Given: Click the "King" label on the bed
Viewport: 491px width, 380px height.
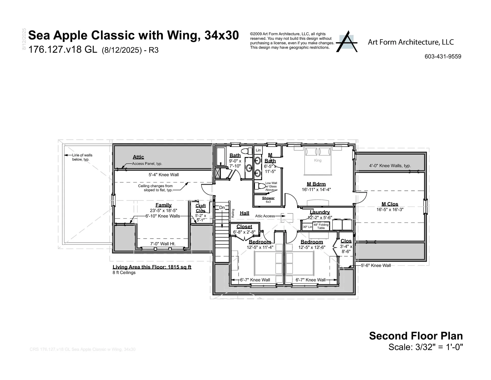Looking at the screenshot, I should click(x=318, y=160).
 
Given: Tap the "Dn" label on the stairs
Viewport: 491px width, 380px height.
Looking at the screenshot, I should click(x=222, y=208).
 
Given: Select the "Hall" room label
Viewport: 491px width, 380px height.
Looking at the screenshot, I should click(x=244, y=213).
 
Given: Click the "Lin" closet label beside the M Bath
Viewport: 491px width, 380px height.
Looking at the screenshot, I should click(x=258, y=150).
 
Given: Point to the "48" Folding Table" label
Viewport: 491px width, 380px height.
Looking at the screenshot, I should click(x=321, y=226).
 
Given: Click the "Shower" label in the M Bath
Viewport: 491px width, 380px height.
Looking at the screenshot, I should click(x=268, y=198).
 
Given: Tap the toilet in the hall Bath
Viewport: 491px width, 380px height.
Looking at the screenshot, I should click(x=246, y=151).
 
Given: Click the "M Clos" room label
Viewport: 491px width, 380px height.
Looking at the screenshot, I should click(x=390, y=204).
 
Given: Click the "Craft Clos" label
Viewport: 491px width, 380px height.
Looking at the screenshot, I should click(x=200, y=208).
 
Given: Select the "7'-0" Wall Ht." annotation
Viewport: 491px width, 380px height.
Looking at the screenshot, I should click(x=163, y=244).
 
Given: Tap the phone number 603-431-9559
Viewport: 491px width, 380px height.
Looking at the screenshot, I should click(x=443, y=57).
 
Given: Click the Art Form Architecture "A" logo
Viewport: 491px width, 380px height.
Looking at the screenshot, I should click(x=347, y=42).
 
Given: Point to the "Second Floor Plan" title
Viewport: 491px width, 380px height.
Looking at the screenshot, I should click(x=416, y=336).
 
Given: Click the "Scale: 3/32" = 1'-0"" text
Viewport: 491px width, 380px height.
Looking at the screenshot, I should click(x=426, y=347).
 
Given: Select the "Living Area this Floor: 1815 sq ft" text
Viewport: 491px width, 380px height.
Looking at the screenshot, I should click(x=152, y=267).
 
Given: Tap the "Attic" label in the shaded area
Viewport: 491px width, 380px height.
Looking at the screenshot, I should click(x=138, y=157).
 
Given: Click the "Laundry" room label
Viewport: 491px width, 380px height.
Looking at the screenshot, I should click(x=320, y=212).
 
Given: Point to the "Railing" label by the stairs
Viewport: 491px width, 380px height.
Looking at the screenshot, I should click(x=233, y=213).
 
